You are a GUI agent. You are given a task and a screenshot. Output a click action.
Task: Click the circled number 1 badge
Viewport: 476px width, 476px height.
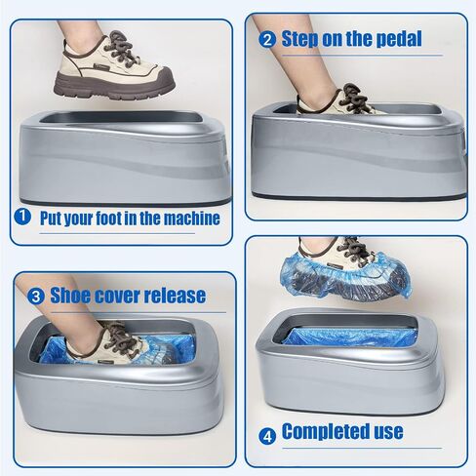(22, 217)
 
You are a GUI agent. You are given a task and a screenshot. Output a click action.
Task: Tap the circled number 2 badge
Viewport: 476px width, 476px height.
(267, 40)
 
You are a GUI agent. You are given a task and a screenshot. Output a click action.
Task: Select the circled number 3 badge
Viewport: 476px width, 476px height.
(35, 297)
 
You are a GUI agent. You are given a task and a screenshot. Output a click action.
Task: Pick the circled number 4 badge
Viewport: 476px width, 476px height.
(267, 436)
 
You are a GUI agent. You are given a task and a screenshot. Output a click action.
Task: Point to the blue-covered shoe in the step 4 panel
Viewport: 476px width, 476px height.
(345, 275)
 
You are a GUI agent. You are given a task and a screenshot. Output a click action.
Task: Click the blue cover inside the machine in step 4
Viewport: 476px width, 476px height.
(349, 337)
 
